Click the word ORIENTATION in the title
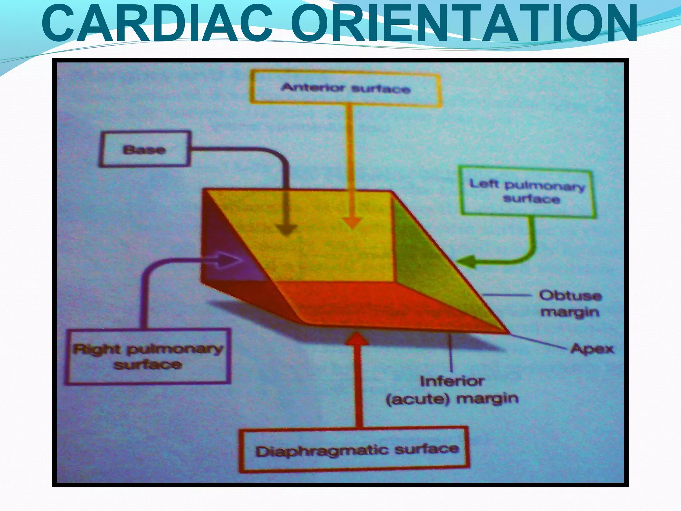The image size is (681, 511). tap(464, 24)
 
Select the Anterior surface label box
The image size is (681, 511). tap(346, 88)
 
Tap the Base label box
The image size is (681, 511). tap(145, 149)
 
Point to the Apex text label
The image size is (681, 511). tap(592, 349)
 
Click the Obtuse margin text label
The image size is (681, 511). tap(570, 304)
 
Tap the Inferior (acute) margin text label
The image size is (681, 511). tap(452, 390)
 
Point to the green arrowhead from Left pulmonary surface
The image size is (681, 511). tap(466, 261)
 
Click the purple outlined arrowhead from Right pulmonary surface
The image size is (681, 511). tap(229, 260)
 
